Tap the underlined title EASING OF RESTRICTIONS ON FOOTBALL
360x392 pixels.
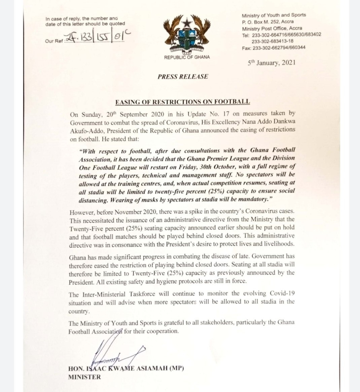(183, 101)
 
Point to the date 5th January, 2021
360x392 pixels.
(272, 63)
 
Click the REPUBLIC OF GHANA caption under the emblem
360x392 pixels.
(187, 57)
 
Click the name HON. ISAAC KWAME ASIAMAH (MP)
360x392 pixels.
(126, 369)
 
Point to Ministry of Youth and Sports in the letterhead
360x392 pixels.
(274, 15)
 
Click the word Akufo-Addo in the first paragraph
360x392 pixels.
(86, 130)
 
